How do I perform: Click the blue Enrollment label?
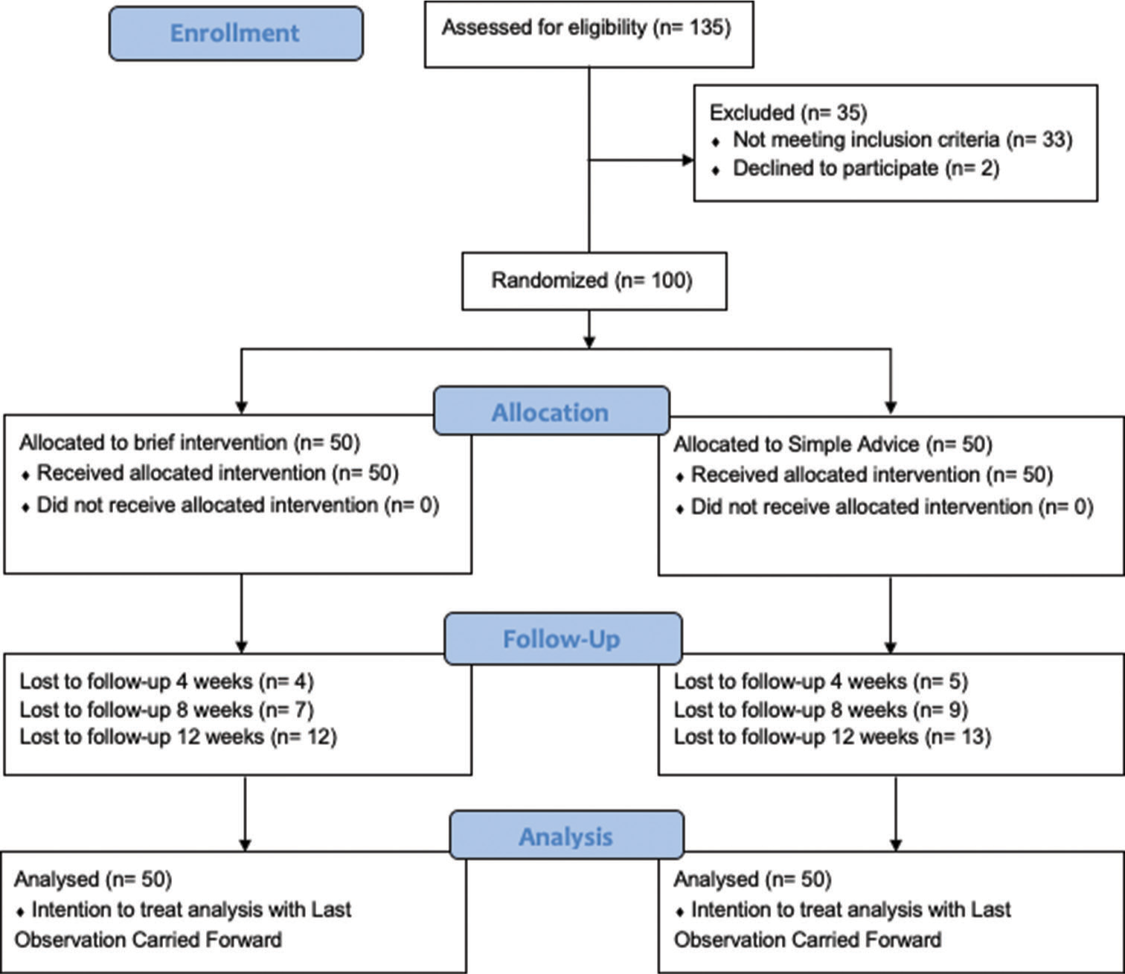point(236,33)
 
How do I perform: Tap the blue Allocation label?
point(551,411)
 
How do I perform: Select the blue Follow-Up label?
point(562,638)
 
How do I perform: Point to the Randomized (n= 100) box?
point(594,281)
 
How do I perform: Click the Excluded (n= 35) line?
point(788,112)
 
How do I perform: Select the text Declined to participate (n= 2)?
point(866,168)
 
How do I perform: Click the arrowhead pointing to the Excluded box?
point(688,160)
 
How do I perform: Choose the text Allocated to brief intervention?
point(153,443)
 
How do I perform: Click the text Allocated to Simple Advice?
point(796,444)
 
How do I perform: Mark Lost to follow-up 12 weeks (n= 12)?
point(179,737)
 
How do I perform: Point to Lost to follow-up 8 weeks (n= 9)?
point(821,709)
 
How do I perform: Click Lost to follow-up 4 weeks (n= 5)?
point(821,682)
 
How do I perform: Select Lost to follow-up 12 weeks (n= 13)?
point(833,737)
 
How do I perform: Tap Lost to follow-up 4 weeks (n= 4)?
point(167,682)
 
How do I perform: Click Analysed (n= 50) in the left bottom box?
point(93,880)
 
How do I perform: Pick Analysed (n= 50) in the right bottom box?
point(753,880)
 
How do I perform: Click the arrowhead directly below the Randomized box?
point(589,342)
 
